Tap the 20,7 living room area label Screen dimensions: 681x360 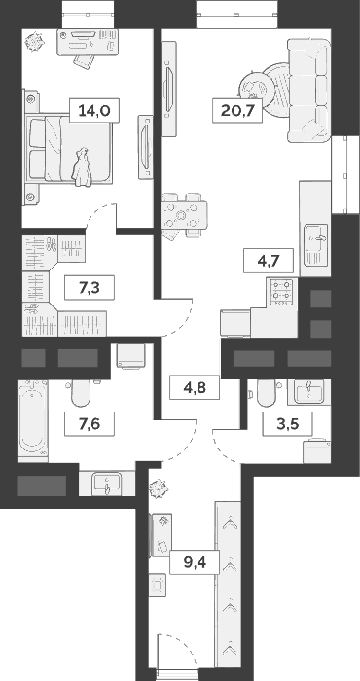tap(233, 110)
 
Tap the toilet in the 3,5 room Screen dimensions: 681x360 tap(264, 393)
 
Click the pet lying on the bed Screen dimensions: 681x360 tap(84, 163)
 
